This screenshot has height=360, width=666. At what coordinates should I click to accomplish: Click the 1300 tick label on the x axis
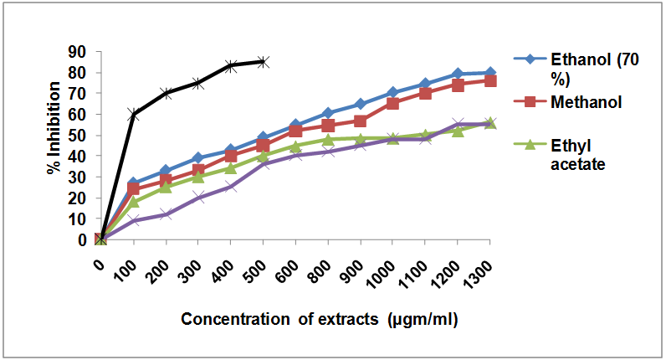(x=481, y=268)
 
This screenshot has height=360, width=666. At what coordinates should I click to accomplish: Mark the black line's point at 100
(x=133, y=114)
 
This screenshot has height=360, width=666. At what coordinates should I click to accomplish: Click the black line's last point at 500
(x=263, y=61)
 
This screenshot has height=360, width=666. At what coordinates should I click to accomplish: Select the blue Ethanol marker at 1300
(x=490, y=73)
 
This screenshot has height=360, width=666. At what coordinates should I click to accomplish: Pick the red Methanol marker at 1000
(x=392, y=103)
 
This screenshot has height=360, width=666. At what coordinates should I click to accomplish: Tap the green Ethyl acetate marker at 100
(x=133, y=202)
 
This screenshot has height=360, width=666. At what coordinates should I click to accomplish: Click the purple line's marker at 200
(x=166, y=214)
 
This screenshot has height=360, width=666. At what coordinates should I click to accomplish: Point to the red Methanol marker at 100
(x=133, y=188)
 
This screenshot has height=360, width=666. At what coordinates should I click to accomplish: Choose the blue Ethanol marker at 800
(x=328, y=113)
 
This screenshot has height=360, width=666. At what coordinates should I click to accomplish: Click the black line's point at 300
(x=198, y=83)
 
